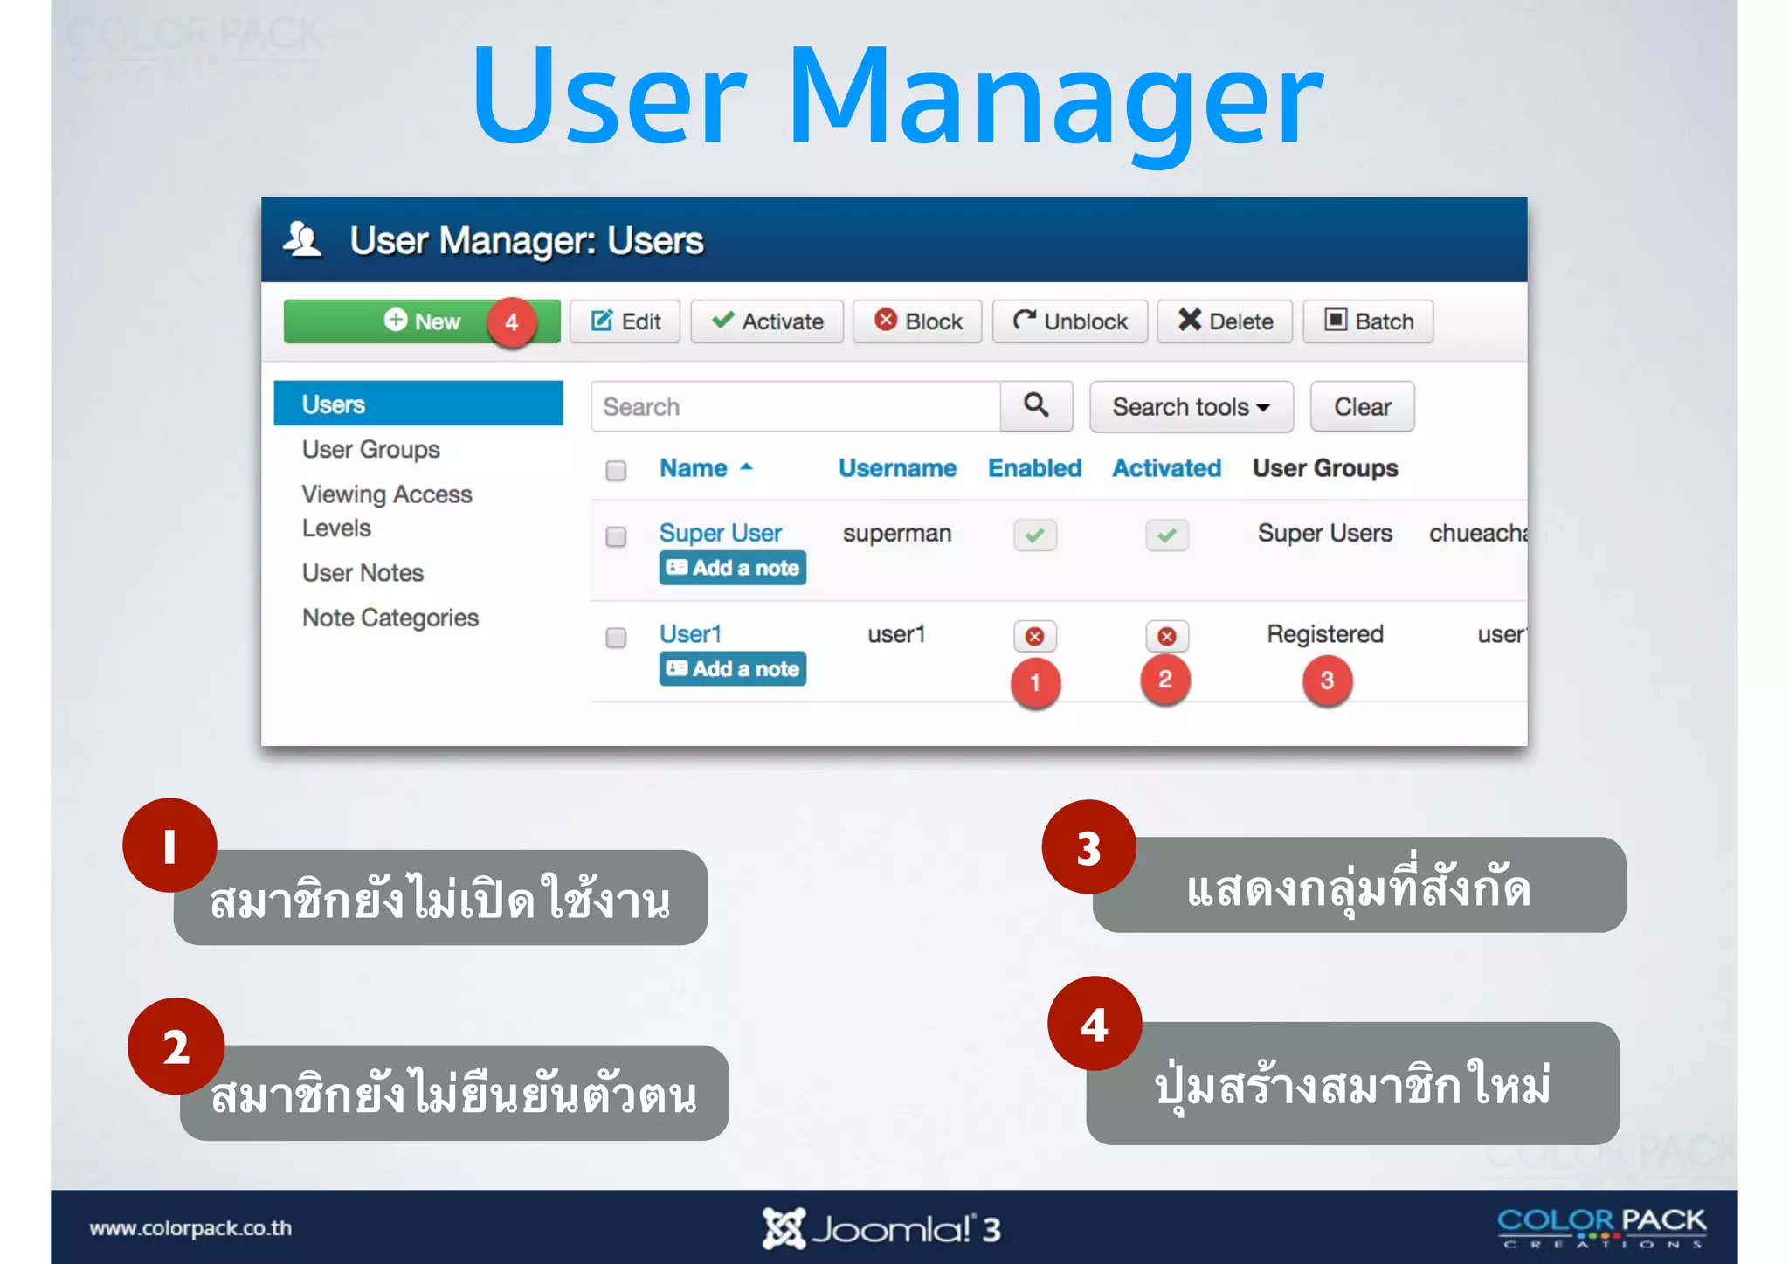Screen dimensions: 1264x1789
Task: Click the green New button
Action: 421,321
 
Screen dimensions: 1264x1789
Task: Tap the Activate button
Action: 767,321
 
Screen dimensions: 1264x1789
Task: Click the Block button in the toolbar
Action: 917,321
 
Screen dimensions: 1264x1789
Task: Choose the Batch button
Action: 1368,321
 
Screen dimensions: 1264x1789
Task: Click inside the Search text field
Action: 795,407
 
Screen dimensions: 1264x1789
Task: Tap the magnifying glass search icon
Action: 1036,405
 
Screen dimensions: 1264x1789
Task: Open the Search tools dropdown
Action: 1191,407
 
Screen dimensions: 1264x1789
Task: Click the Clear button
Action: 1362,407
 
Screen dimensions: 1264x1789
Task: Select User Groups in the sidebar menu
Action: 371,450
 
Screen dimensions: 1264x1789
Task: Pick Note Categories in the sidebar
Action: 390,618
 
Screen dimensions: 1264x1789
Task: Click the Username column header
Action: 897,468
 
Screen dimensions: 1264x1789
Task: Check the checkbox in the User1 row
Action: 616,638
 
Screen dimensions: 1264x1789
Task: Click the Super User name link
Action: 720,533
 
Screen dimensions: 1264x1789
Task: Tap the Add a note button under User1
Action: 732,669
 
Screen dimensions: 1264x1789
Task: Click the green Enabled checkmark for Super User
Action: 1035,535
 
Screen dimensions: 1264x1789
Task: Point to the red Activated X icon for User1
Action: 1166,636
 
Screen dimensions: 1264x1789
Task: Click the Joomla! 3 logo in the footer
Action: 881,1229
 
